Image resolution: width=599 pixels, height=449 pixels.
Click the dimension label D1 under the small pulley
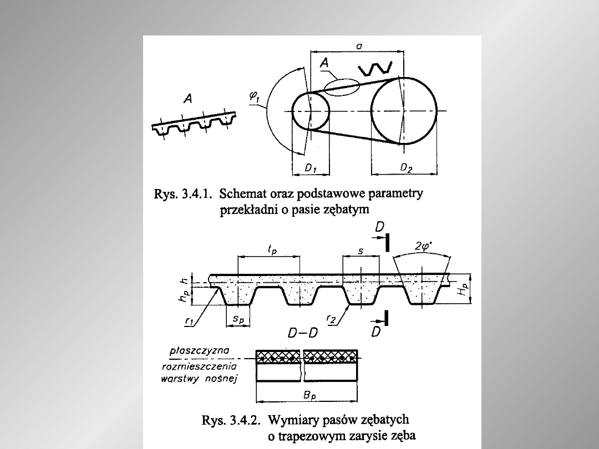click(311, 168)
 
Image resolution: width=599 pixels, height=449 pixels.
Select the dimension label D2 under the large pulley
click(406, 167)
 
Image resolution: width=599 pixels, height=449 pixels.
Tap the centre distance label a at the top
click(359, 46)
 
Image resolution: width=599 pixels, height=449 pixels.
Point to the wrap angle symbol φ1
click(255, 96)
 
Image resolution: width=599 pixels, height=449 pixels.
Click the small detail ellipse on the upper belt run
click(342, 88)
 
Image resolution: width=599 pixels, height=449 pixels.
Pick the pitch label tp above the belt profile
click(272, 249)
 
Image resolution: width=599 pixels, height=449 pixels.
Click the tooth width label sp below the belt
click(238, 319)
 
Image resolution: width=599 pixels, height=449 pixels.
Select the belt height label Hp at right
click(463, 289)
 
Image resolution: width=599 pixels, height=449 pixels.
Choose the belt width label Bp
click(309, 395)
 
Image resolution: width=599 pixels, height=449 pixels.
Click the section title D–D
click(303, 333)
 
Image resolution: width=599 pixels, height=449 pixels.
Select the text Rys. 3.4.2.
click(231, 420)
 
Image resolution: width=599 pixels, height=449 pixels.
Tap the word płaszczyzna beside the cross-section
click(200, 350)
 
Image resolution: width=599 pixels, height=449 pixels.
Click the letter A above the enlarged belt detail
click(188, 99)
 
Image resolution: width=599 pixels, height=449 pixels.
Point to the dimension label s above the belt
click(361, 252)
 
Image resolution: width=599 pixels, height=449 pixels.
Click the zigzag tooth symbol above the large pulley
click(375, 69)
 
